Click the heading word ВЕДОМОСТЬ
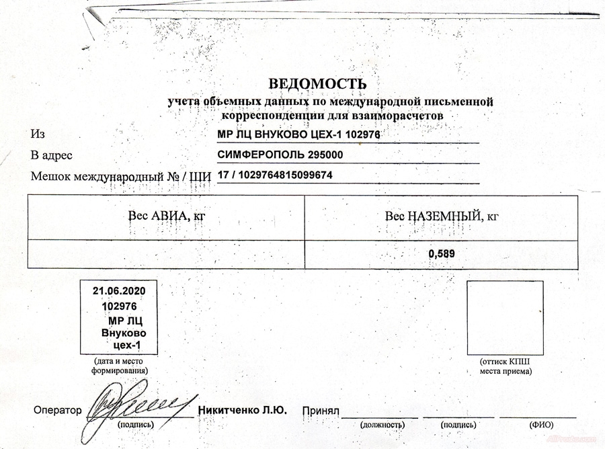point(318,84)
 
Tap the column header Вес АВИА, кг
point(166,216)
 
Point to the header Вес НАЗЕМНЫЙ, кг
point(441,216)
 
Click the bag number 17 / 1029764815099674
point(275,175)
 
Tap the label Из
point(38,134)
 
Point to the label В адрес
point(52,156)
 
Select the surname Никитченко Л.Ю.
point(243,410)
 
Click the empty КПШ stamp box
point(505,317)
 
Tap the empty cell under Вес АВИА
point(166,254)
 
